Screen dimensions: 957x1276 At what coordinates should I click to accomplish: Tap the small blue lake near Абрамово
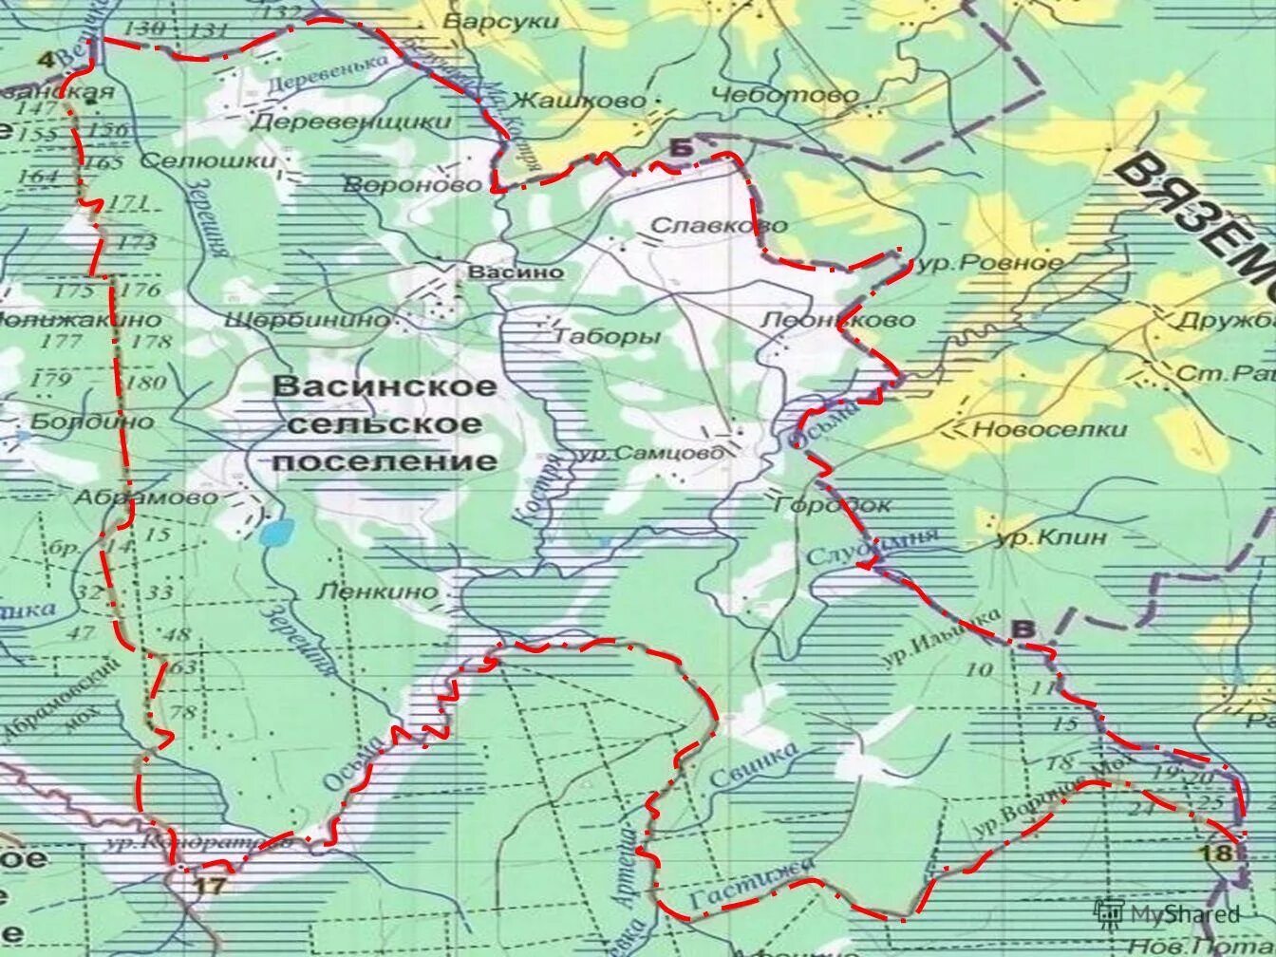point(276,533)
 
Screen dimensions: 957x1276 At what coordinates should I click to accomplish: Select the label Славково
point(719,225)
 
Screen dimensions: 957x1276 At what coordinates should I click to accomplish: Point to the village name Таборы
point(607,337)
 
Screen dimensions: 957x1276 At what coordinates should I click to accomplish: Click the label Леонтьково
point(838,320)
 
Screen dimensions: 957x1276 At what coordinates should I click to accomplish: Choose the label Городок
point(833,505)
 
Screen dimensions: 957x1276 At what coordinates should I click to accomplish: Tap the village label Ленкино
point(377,591)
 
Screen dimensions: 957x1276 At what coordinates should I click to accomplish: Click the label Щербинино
point(307,320)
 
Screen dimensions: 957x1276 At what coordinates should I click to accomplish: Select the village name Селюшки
point(208,160)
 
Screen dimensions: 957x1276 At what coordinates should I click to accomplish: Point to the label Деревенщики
point(351,122)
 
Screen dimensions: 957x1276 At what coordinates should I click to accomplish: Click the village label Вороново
point(413,184)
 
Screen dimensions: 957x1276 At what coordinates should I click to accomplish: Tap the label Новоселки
point(1049,429)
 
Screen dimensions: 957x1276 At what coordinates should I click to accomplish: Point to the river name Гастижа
point(751,883)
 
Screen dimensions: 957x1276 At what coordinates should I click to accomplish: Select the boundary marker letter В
point(1023,629)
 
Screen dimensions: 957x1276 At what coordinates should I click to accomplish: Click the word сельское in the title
point(384,423)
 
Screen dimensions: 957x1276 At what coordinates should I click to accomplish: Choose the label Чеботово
point(784,95)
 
